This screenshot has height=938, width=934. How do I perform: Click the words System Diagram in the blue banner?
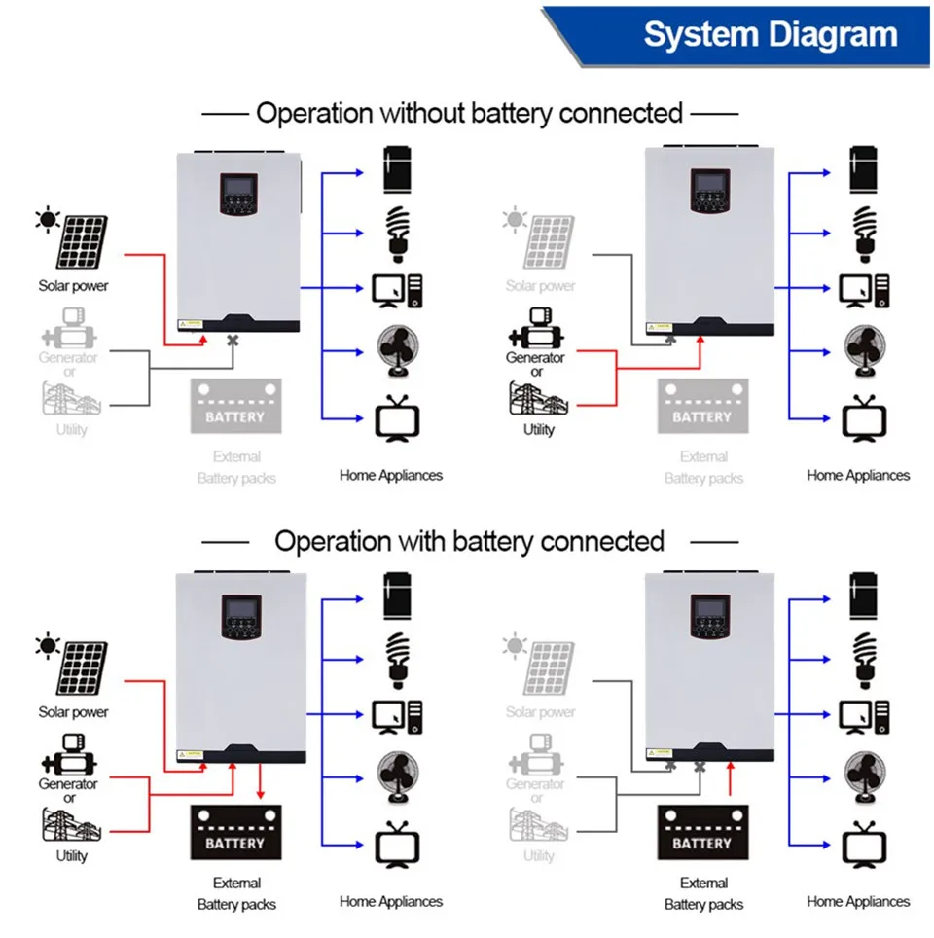coord(770,34)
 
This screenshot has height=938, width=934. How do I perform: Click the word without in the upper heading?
coord(420,113)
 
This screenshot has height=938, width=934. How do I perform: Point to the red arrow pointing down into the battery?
coord(260,784)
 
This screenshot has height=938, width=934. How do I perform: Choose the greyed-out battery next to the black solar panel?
coord(234,407)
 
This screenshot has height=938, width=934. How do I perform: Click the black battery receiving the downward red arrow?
coord(234,833)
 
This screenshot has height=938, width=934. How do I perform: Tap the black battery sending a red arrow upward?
coord(701,833)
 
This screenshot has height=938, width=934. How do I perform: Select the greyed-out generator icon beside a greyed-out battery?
coord(68,329)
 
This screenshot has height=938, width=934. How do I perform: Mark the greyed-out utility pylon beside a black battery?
coord(538,826)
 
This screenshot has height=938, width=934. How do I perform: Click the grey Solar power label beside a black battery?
coord(540,712)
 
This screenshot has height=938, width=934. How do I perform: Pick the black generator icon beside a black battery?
coord(68,757)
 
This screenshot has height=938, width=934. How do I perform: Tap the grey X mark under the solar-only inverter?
coord(233,341)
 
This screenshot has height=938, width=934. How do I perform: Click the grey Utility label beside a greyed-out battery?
coord(71,429)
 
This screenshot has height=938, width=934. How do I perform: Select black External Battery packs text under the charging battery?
coord(236,893)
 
